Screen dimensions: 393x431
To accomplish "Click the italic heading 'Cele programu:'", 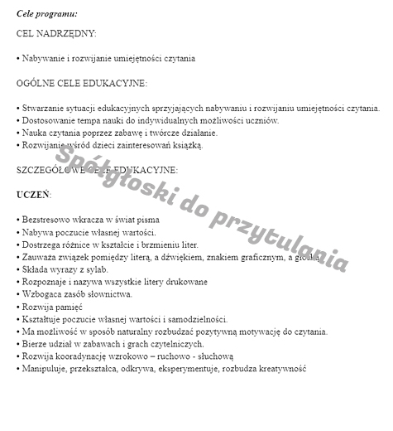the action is pyautogui.click(x=47, y=14).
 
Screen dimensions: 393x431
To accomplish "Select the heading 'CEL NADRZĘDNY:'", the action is pyautogui.click(x=56, y=34).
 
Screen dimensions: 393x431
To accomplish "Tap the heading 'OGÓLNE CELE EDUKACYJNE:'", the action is pyautogui.click(x=82, y=83).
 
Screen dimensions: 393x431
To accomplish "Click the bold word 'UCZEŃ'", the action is pyautogui.click(x=33, y=195).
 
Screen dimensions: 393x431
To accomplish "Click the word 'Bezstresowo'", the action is pyautogui.click(x=46, y=220).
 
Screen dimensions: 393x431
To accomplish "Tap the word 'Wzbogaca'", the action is pyautogui.click(x=41, y=294).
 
